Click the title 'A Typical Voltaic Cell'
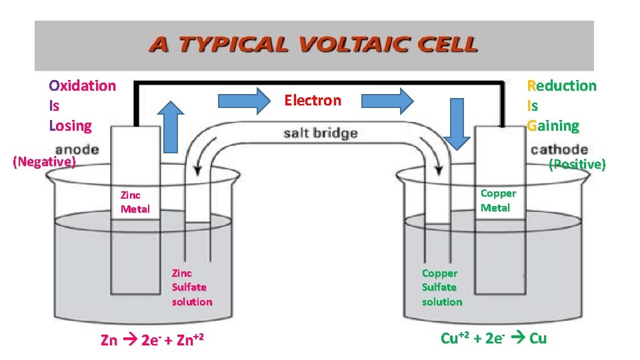pos(313,45)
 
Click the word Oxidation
pos(82,85)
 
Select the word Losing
pos(70,125)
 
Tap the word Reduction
pos(561,85)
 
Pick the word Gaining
pos(553,125)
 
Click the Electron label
pos(313,101)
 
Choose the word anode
pos(77,149)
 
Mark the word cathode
pos(559,149)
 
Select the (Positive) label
pos(577,164)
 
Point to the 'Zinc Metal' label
pos(135,202)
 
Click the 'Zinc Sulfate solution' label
pos(192,287)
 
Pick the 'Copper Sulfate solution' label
pos(441,287)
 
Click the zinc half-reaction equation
pos(151,339)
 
